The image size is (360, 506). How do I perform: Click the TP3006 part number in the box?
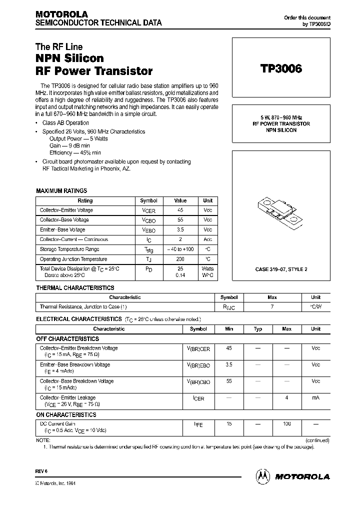[x=281, y=69]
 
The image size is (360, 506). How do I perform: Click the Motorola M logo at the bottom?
[x=263, y=476]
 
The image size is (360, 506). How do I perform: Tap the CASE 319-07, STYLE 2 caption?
[x=281, y=269]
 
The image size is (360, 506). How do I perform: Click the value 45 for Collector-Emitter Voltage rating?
[x=180, y=210]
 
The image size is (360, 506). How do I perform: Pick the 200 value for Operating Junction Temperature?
[x=180, y=259]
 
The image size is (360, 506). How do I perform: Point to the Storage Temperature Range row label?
[x=69, y=249]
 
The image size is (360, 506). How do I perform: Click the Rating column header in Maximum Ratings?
[x=85, y=200]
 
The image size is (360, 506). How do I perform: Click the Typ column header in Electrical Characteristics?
[x=258, y=329]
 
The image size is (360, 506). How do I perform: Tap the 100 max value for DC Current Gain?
[x=286, y=423]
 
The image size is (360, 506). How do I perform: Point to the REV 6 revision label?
[x=41, y=471]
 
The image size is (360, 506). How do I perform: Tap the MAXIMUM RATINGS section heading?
[x=61, y=190]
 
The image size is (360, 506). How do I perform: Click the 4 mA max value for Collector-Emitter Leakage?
[x=286, y=397]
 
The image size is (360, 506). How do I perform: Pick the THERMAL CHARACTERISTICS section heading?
[x=75, y=287]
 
